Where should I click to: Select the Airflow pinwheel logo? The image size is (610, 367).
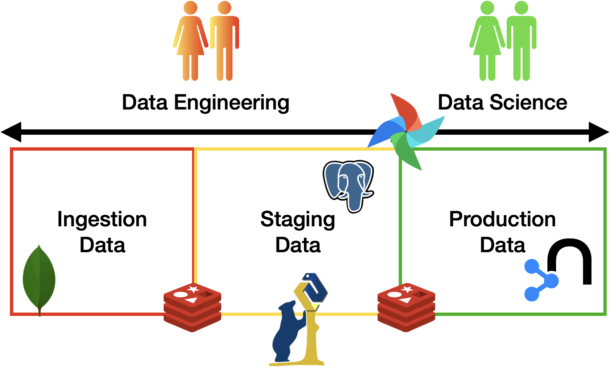(x=406, y=131)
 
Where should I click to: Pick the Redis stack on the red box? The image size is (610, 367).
(x=192, y=307)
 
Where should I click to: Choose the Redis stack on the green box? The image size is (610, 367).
(x=406, y=307)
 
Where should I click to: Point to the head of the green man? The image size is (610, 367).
(x=521, y=8)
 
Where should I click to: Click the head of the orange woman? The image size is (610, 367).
(x=190, y=8)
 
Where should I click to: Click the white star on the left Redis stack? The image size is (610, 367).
(x=193, y=289)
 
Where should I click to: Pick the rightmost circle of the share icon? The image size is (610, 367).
(x=551, y=281)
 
